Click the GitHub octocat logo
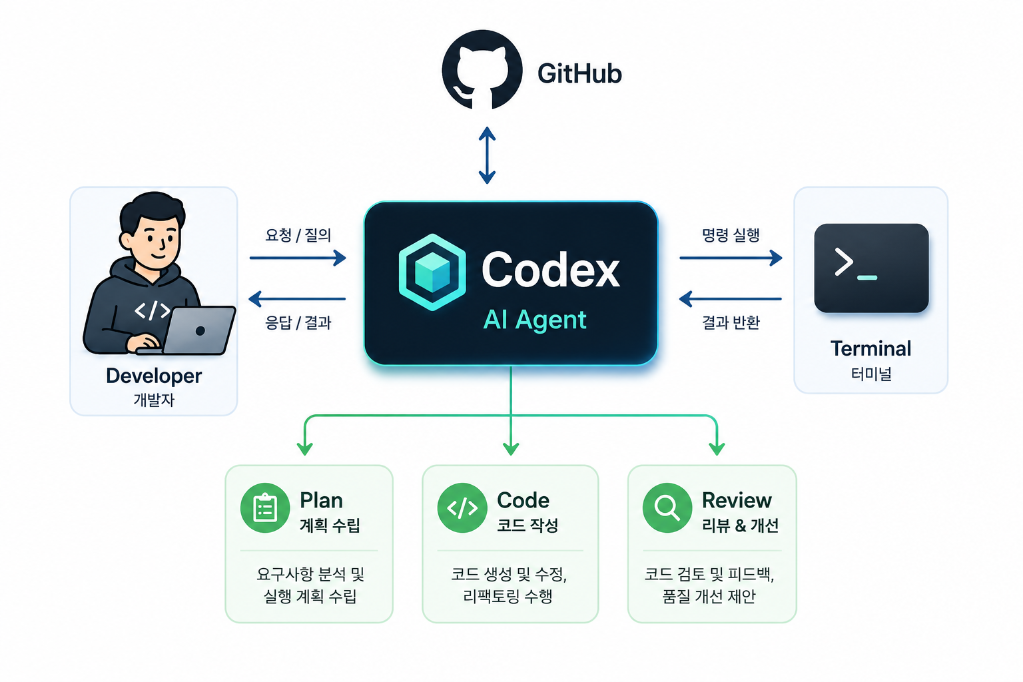[482, 70]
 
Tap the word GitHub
[579, 73]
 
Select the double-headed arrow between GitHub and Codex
[487, 155]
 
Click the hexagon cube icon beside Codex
[432, 272]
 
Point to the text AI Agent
[534, 320]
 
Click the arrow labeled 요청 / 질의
[298, 258]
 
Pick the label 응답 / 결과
[298, 322]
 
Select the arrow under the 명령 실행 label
[731, 258]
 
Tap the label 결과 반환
[731, 322]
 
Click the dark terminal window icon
[871, 268]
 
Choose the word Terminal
[871, 348]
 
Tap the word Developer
[154, 376]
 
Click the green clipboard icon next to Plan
[265, 508]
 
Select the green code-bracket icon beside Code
[462, 508]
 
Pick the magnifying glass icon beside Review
[667, 508]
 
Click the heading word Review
[737, 500]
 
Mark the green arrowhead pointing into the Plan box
[304, 449]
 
